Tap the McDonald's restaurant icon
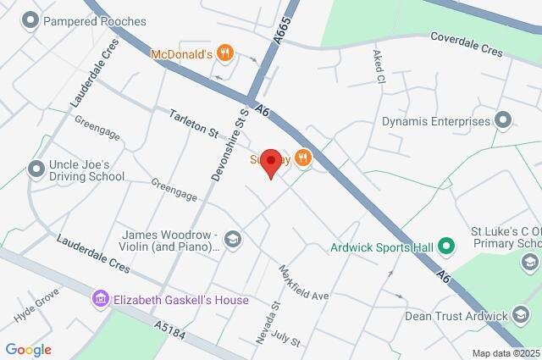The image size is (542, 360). [224, 54]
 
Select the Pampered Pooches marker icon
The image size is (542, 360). [31, 20]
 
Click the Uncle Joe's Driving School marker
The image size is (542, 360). [36, 169]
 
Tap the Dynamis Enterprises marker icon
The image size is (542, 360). [503, 120]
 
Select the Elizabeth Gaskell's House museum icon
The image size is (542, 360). [101, 299]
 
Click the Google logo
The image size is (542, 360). [29, 349]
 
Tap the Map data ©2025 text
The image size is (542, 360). [505, 353]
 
